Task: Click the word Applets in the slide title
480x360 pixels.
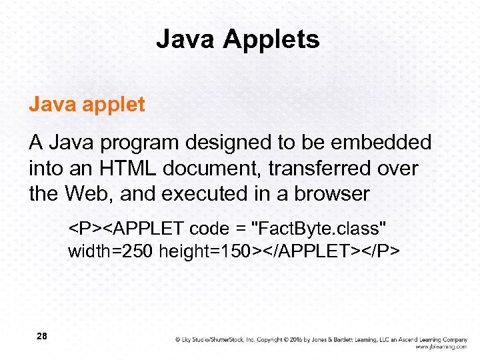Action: point(271,40)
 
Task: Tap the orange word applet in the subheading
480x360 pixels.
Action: point(115,105)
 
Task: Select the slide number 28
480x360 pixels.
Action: point(41,337)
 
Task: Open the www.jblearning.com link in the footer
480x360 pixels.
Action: point(441,347)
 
